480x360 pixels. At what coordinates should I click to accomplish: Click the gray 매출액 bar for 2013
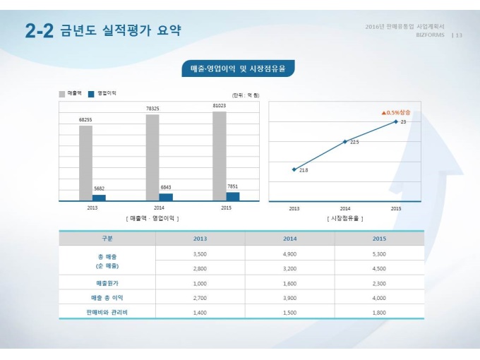85,162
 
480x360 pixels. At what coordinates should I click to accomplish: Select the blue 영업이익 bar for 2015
232,196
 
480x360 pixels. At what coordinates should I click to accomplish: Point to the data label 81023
220,106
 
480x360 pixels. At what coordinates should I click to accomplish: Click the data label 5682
99,189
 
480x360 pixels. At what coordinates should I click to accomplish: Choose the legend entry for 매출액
71,93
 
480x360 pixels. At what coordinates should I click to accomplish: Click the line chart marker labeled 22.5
345,142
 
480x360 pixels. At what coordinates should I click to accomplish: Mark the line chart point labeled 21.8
294,169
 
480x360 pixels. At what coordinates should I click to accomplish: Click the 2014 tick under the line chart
345,208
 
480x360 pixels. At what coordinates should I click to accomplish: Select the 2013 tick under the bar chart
92,208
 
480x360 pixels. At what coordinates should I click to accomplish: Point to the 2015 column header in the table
379,239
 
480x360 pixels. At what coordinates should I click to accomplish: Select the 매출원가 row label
107,282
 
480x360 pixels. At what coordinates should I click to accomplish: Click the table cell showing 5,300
379,253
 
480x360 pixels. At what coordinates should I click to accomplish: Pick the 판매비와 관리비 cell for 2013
200,311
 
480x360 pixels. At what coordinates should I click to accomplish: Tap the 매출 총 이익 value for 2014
289,297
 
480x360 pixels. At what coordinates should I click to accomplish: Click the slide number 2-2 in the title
38,30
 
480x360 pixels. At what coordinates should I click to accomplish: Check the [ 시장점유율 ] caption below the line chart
345,219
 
